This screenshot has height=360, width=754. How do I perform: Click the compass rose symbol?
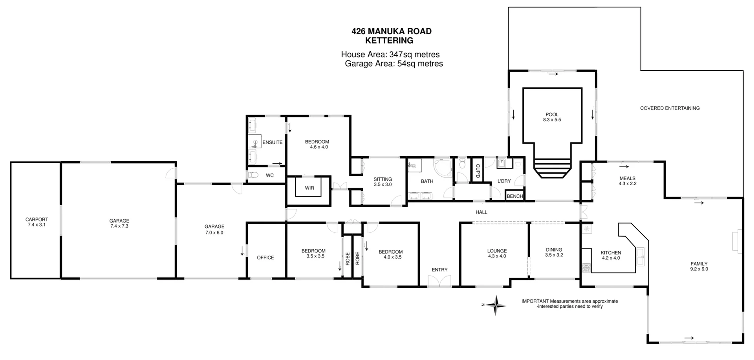click(496, 305)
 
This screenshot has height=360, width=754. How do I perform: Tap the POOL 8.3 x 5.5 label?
click(552, 117)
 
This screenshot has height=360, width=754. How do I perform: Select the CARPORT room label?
click(37, 222)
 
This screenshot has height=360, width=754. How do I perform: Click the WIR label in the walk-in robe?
click(309, 188)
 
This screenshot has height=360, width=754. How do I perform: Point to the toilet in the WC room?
click(253, 175)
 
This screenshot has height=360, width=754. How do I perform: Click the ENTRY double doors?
click(439, 281)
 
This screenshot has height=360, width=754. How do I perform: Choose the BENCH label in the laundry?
click(515, 196)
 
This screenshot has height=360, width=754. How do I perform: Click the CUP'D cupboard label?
click(478, 171)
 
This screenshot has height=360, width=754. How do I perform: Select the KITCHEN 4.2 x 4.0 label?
click(611, 255)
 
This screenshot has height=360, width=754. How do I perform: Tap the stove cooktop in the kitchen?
click(586, 268)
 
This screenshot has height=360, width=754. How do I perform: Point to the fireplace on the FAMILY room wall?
click(736, 240)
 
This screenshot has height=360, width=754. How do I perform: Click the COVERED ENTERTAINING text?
click(670, 108)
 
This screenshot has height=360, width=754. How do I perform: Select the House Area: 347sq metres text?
click(390, 55)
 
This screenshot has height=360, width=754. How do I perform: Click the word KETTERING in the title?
click(389, 40)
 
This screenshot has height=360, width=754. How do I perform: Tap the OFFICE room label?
click(265, 258)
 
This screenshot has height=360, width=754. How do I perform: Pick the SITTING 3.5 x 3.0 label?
click(382, 182)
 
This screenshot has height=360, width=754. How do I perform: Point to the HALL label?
click(481, 212)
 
